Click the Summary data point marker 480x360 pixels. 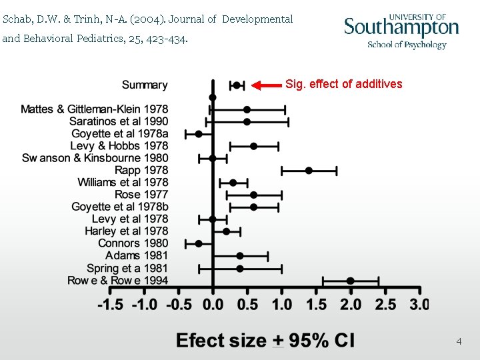(x=236, y=85)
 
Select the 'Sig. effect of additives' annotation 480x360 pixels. (x=343, y=84)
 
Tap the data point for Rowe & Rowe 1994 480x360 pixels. (x=350, y=281)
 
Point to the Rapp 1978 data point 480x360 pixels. (x=309, y=171)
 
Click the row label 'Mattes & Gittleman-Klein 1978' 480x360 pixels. (x=94, y=109)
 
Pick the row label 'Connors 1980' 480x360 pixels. (x=133, y=243)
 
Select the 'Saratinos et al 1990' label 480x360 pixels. (x=119, y=121)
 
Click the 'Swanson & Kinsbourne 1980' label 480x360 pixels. (x=95, y=158)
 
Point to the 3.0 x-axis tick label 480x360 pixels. (x=419, y=305)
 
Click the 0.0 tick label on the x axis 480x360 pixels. (x=213, y=305)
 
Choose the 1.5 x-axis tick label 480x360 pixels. (x=316, y=305)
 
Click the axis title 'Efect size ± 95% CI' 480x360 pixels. (x=265, y=341)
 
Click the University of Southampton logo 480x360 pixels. (x=401, y=31)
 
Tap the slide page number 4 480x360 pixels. (x=459, y=341)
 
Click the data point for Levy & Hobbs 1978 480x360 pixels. (x=253, y=146)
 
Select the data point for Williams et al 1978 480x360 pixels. (x=233, y=183)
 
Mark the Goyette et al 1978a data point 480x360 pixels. (x=199, y=134)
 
